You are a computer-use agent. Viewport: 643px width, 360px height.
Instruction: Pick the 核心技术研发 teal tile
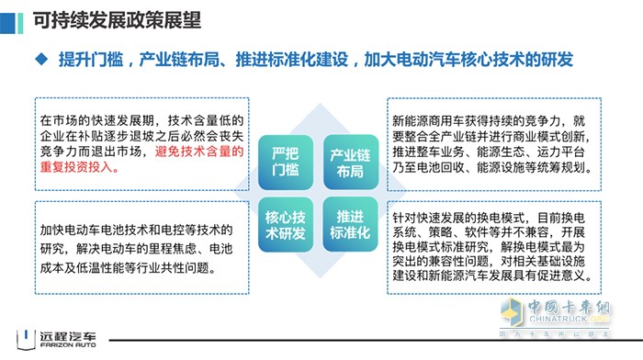pos(285,223)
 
